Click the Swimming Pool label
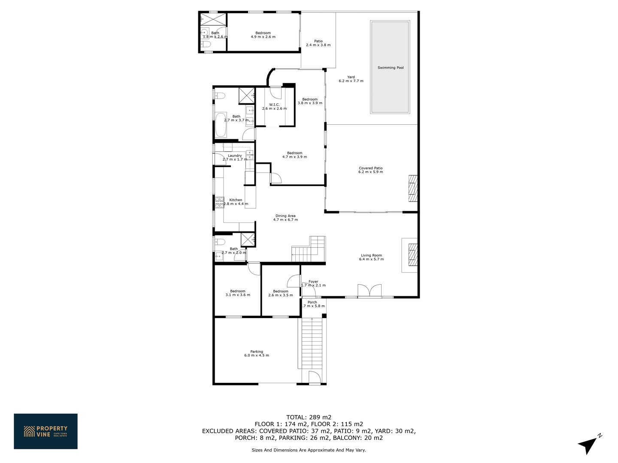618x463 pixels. tap(390, 67)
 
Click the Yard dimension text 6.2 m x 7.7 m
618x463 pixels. tap(351, 81)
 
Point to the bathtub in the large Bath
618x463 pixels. tap(221, 125)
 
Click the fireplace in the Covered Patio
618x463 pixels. tap(413, 188)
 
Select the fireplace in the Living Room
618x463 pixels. tap(413, 255)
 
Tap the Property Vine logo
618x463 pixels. tap(45, 431)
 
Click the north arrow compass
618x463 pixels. tap(589, 444)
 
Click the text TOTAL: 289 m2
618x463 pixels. tap(309, 417)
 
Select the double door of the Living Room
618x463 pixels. tap(370, 290)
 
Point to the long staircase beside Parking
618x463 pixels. tap(312, 343)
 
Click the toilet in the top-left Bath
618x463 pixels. tap(206, 44)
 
